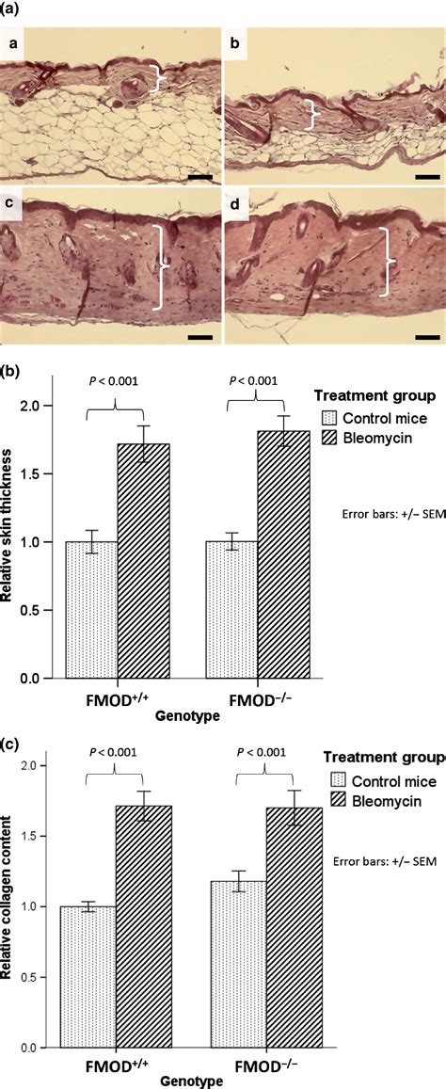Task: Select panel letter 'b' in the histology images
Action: [x=235, y=43]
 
